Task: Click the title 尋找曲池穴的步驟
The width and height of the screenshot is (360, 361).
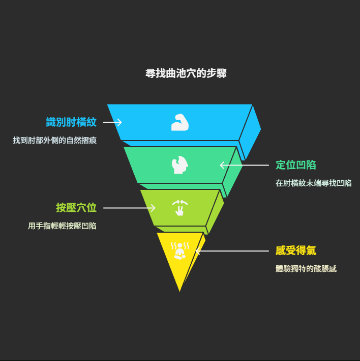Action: coord(186,73)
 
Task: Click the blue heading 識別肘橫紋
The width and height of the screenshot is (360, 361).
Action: coord(71,122)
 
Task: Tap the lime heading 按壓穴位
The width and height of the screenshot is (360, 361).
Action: coord(76,208)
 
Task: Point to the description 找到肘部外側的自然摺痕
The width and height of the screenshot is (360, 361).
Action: coord(54,140)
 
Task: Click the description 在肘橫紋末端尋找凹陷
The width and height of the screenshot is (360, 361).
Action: coord(313,183)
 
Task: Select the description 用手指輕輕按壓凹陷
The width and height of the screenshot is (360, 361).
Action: coord(62,226)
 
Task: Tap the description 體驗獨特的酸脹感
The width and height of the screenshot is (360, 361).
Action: coord(306,268)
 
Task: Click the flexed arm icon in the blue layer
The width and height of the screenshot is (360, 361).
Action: coord(179,122)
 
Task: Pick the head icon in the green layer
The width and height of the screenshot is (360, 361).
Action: coord(179,165)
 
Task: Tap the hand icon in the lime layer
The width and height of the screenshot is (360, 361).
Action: coord(179,208)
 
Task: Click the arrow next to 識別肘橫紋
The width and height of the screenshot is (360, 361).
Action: coord(112,122)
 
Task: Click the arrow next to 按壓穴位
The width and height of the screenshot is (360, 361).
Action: coord(129,208)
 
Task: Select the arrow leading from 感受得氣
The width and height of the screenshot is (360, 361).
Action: coord(231,251)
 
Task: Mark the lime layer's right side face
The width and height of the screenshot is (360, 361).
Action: coord(215,211)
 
